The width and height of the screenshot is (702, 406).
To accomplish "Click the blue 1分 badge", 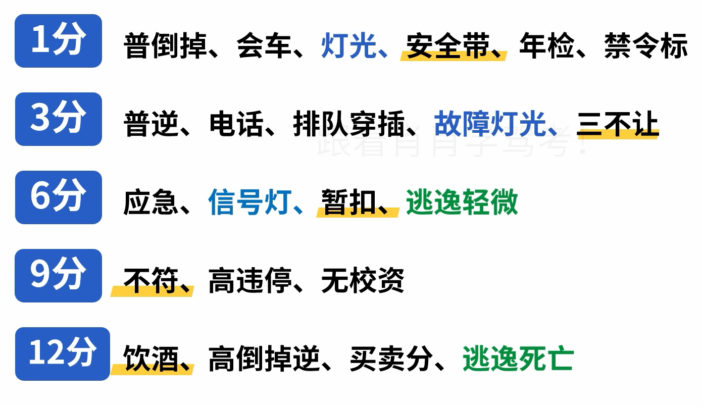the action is click(58, 41).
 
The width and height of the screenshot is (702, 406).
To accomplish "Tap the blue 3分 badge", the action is click(58, 119).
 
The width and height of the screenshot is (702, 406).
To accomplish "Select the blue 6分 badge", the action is click(58, 197).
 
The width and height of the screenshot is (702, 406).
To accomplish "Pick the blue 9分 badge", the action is click(58, 276).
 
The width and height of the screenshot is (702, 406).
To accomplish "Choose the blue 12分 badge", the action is click(62, 354).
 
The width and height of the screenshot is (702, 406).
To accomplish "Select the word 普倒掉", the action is click(166, 46).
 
